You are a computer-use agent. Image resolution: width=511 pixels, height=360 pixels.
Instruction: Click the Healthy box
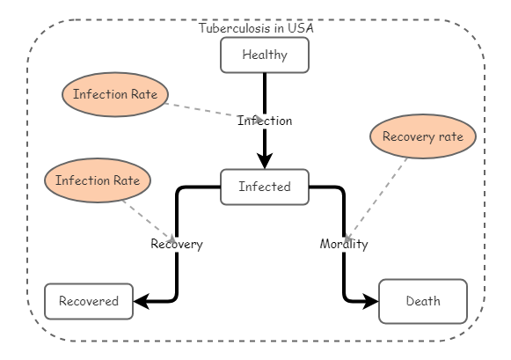click(265, 55)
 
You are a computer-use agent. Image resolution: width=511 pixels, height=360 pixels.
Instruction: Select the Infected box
click(265, 187)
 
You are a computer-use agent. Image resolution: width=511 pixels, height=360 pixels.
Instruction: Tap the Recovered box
click(89, 301)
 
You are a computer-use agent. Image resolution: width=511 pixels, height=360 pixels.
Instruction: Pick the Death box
click(423, 301)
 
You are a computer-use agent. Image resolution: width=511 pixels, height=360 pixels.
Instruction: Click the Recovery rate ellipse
click(423, 136)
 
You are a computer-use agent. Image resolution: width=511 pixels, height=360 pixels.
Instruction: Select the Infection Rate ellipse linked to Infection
click(115, 94)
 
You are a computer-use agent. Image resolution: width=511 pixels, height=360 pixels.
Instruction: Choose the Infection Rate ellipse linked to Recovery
click(98, 180)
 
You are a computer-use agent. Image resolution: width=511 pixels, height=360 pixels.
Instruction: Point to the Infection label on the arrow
click(265, 121)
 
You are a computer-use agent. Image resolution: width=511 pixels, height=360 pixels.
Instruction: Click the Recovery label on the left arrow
click(176, 244)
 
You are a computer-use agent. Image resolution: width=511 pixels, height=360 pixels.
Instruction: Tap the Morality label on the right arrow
click(344, 244)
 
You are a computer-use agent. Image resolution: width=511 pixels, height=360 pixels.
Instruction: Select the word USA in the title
click(301, 28)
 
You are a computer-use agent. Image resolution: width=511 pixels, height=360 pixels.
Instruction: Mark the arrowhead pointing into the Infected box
click(265, 161)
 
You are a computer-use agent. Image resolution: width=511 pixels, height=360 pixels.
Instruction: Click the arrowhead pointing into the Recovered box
click(142, 302)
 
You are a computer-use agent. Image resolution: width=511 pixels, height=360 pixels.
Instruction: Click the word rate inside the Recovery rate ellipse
click(449, 136)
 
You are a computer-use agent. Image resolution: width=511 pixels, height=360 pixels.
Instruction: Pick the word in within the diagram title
click(281, 28)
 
